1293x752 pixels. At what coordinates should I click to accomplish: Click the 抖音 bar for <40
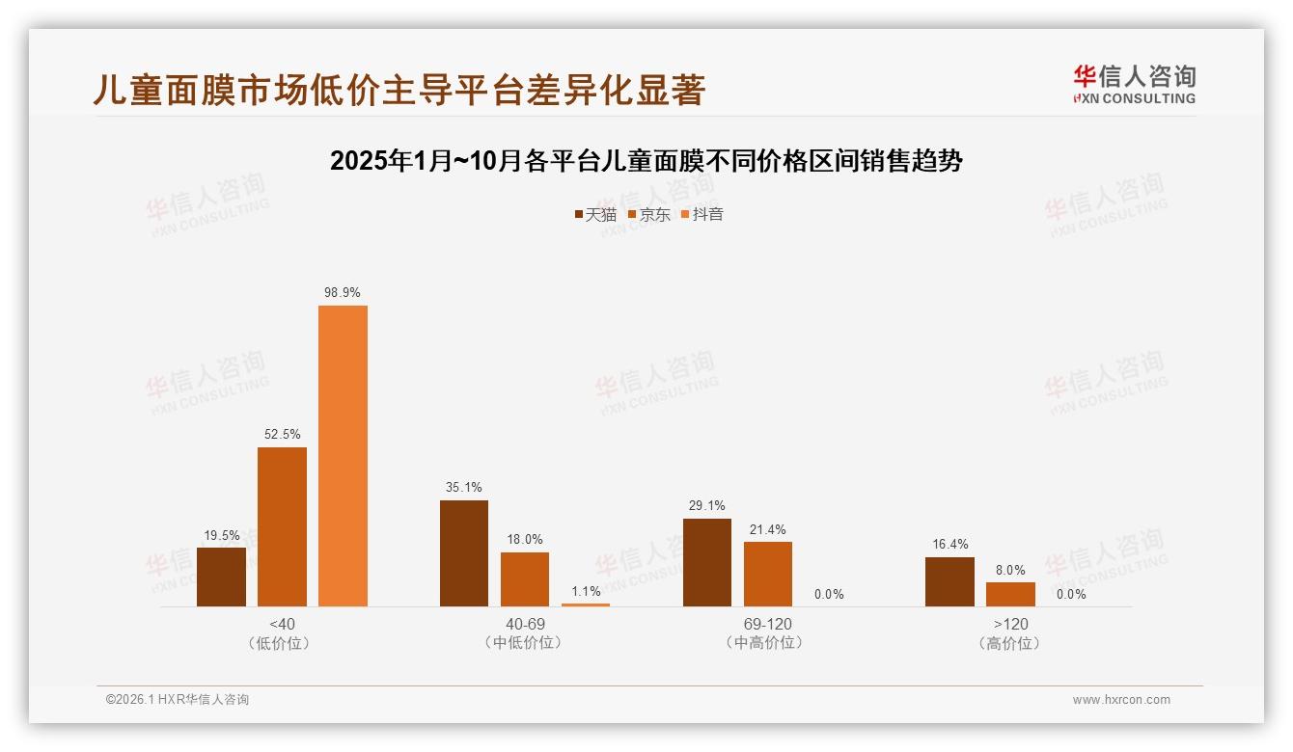point(343,456)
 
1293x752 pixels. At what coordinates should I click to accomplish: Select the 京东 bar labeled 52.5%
point(282,526)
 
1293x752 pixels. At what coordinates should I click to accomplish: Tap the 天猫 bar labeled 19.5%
point(221,577)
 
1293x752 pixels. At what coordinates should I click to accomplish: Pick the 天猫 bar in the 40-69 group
point(464,553)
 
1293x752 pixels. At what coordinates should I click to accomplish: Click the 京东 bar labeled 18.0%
point(525,579)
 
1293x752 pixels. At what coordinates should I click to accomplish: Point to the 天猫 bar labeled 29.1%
point(707,562)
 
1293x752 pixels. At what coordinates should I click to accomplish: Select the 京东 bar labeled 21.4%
point(768,574)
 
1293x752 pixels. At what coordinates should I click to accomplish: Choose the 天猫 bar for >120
point(949,581)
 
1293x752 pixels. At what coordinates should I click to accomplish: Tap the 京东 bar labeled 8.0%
point(1010,594)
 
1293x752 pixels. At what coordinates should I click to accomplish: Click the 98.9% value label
point(343,292)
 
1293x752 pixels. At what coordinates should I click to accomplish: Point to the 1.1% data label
point(586,591)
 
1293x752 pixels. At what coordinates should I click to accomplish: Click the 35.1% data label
point(464,487)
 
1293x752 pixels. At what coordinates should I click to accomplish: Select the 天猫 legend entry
point(595,215)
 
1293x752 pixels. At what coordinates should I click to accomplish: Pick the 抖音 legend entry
point(702,215)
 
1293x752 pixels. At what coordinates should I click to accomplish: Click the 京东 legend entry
point(649,215)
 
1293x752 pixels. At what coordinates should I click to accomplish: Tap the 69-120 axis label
point(768,624)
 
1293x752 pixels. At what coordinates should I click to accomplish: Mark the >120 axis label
point(1010,624)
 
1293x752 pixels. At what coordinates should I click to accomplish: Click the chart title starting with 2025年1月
point(646,161)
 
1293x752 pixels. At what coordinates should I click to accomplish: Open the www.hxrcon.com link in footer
point(1121,700)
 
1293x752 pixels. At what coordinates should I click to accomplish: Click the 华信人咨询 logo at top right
point(1134,84)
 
